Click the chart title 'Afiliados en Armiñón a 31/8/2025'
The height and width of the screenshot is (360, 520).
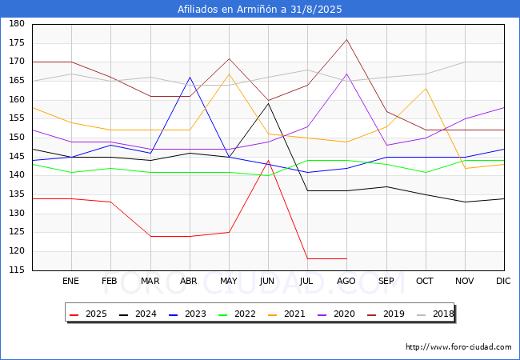[x=260, y=9]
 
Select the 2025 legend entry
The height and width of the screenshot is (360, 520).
[x=88, y=314]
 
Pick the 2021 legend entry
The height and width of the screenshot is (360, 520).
[x=286, y=314]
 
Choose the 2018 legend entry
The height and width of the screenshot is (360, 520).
[x=435, y=314]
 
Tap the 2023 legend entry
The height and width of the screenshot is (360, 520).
[x=187, y=314]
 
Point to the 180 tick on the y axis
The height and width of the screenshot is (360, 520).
[x=17, y=23]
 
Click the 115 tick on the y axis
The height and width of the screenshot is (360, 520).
[x=17, y=270]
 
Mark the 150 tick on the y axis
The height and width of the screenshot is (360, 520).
[x=17, y=137]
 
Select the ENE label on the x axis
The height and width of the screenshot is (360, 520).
[x=70, y=281]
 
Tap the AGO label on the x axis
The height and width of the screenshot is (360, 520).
[x=346, y=281]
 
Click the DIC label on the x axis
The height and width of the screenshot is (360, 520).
[x=503, y=281]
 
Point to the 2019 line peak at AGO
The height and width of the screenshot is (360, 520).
[x=347, y=39]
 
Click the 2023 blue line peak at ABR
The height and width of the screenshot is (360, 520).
[x=190, y=78]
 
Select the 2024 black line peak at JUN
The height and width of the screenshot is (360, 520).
[x=268, y=103]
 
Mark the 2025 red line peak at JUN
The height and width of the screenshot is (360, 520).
[x=268, y=161]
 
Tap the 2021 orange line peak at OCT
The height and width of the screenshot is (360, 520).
[x=426, y=88]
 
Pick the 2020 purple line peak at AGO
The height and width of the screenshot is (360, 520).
[x=347, y=74]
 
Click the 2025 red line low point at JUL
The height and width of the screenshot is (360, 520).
[x=308, y=258]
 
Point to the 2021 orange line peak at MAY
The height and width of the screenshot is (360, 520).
[x=229, y=74]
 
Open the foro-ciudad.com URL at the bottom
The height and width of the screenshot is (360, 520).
[x=458, y=347]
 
